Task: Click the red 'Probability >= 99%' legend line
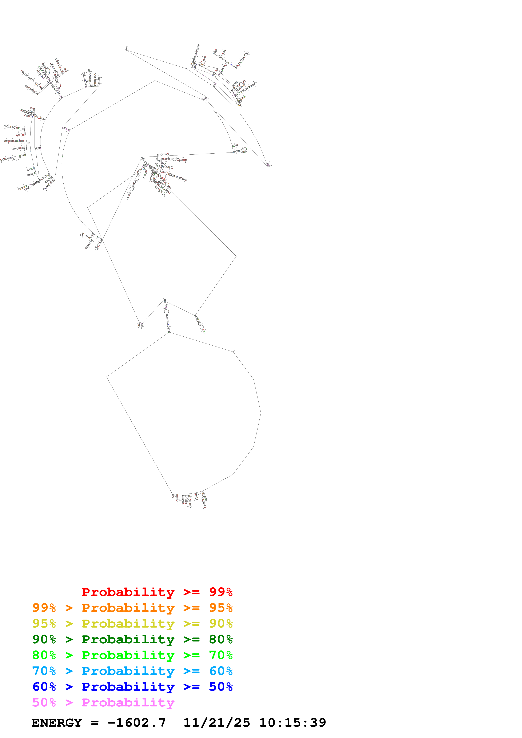pyautogui.click(x=157, y=592)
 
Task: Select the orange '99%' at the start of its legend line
pyautogui.click(x=44, y=608)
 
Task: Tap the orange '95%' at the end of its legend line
pyautogui.click(x=221, y=608)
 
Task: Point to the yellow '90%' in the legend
pyautogui.click(x=221, y=623)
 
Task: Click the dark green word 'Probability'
pyautogui.click(x=128, y=639)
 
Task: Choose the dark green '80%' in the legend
pyautogui.click(x=221, y=639)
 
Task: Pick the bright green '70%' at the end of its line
pyautogui.click(x=221, y=655)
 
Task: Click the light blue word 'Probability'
pyautogui.click(x=128, y=671)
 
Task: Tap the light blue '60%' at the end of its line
pyautogui.click(x=221, y=671)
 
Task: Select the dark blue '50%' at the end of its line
pyautogui.click(x=221, y=687)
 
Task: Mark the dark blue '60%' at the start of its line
pyautogui.click(x=44, y=687)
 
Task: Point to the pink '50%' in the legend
pyautogui.click(x=44, y=702)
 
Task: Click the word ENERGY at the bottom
pyautogui.click(x=57, y=723)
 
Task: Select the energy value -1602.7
pyautogui.click(x=137, y=723)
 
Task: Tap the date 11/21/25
pyautogui.click(x=216, y=723)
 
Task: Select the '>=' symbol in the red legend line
pyautogui.click(x=191, y=592)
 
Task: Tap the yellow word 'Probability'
pyautogui.click(x=128, y=624)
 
